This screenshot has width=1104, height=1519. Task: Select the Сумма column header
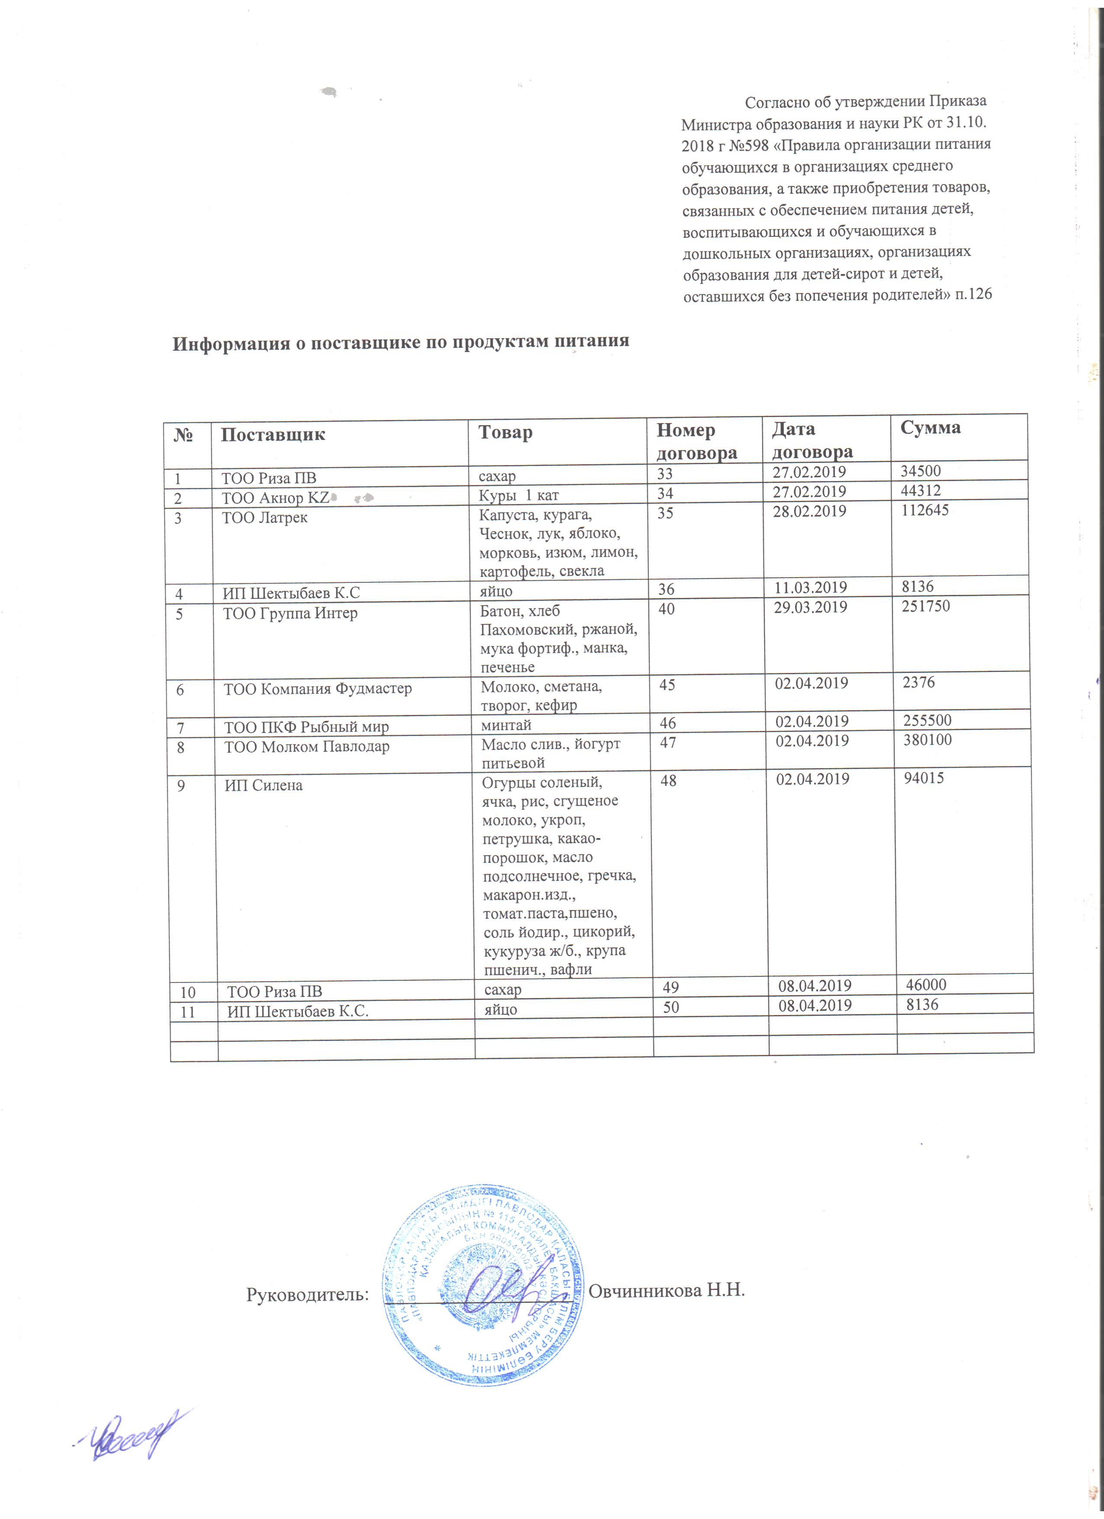(930, 428)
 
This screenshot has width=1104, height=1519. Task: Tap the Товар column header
(506, 433)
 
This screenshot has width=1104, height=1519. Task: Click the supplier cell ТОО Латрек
(265, 518)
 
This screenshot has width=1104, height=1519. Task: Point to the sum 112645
(925, 511)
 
